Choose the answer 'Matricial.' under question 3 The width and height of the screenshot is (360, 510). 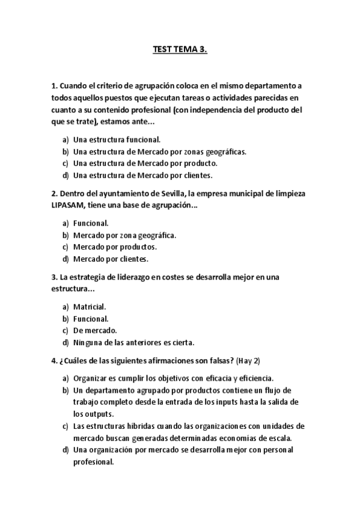pyautogui.click(x=90, y=307)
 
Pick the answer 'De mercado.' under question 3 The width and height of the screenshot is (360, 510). pyautogui.click(x=95, y=331)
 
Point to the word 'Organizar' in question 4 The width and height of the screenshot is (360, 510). pyautogui.click(x=91, y=378)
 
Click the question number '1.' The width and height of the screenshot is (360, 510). pyautogui.click(x=54, y=85)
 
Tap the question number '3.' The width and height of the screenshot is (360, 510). pyautogui.click(x=54, y=277)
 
